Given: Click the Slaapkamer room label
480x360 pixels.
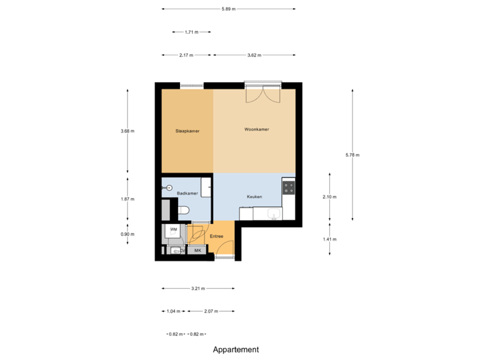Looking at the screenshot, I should [187, 131].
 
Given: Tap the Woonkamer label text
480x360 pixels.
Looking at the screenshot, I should [257, 129].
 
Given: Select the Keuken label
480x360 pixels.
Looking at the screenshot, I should [254, 197].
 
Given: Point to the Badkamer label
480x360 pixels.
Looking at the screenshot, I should [187, 193].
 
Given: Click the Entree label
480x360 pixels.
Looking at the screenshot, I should [216, 237].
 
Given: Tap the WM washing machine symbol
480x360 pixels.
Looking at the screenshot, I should [173, 230].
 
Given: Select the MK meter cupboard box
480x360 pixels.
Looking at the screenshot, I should [197, 250].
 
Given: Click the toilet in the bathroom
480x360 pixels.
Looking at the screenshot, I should [184, 211].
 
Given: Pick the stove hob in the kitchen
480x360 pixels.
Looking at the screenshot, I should [289, 187].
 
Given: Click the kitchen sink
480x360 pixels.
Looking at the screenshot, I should [273, 213].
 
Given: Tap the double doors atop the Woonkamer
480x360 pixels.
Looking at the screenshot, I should [262, 93].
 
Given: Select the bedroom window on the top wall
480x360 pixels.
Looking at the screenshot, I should [191, 85].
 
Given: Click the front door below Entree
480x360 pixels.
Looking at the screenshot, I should [224, 255].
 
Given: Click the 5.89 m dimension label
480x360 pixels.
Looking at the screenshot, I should [229, 9].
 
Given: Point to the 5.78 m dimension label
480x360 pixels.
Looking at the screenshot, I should [352, 155].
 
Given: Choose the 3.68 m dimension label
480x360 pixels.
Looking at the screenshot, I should [127, 131].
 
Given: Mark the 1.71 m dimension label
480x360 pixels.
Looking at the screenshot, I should [191, 31].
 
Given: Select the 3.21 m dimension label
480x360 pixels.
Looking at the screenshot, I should [198, 289].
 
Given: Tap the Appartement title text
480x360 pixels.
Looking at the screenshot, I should [236, 349].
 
